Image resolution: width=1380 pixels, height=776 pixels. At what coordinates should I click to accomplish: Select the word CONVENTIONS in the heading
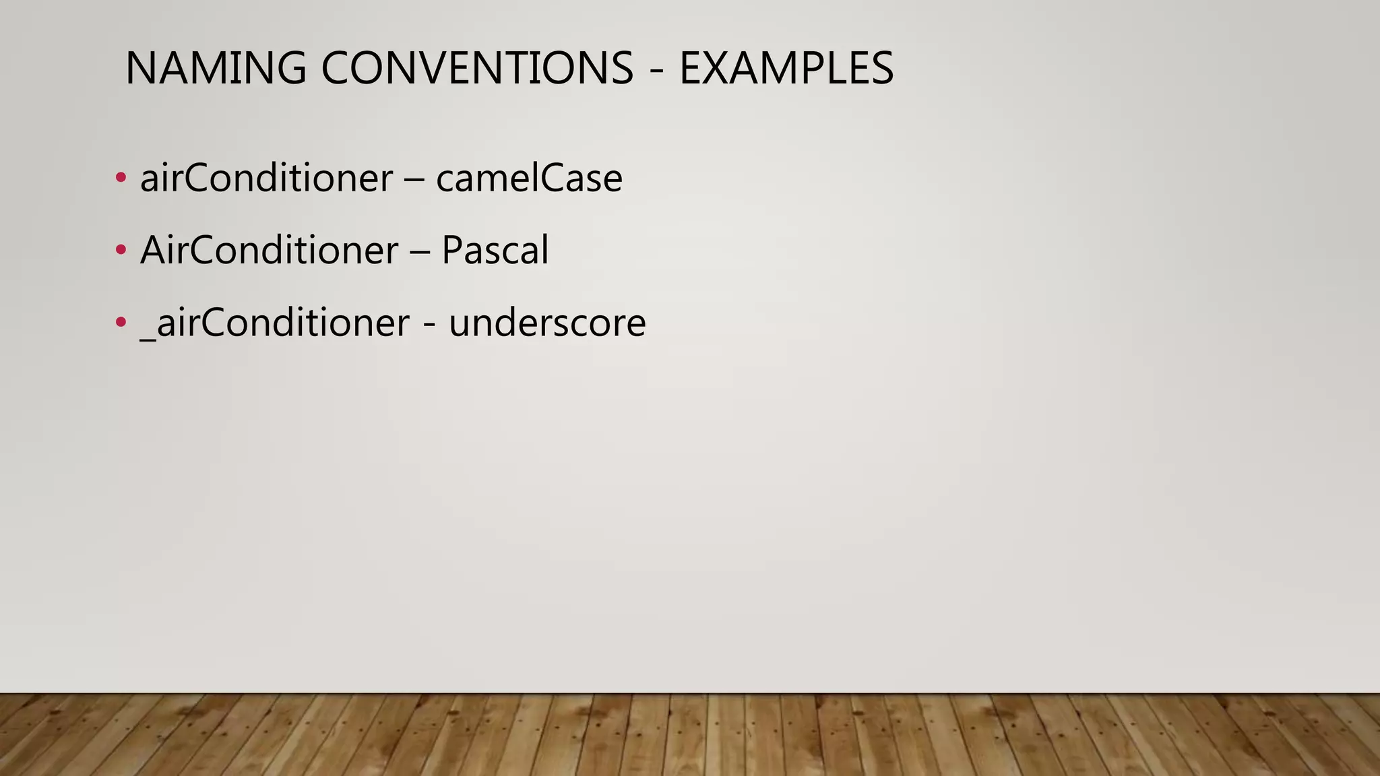477,69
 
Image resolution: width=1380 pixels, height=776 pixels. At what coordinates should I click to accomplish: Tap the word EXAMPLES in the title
786,69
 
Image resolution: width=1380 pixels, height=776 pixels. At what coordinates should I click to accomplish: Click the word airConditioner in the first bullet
266,179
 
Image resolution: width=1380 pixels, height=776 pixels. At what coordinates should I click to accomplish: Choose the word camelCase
529,179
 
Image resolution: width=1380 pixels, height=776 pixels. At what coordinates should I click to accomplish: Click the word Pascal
495,251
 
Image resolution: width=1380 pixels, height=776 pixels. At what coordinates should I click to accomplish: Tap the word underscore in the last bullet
547,323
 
